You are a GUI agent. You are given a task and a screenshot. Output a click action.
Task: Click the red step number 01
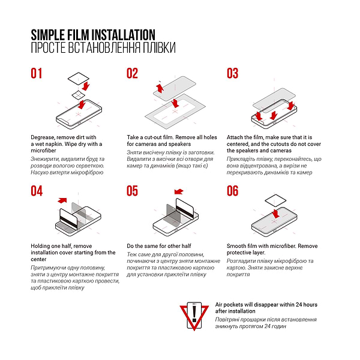[x=37, y=73]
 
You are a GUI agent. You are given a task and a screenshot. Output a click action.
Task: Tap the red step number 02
[x=132, y=73]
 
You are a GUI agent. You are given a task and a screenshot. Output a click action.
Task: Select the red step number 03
[x=232, y=73]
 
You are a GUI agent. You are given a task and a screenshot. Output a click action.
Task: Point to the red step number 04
[x=37, y=191]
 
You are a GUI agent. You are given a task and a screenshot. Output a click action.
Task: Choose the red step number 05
[x=132, y=191]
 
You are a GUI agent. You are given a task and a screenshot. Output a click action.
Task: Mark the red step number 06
[x=232, y=191]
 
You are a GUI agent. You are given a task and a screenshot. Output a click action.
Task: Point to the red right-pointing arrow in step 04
[x=62, y=200]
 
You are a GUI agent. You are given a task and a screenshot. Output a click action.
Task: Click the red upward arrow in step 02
[x=160, y=88]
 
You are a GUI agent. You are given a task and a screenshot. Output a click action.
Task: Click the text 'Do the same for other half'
[x=159, y=246]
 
